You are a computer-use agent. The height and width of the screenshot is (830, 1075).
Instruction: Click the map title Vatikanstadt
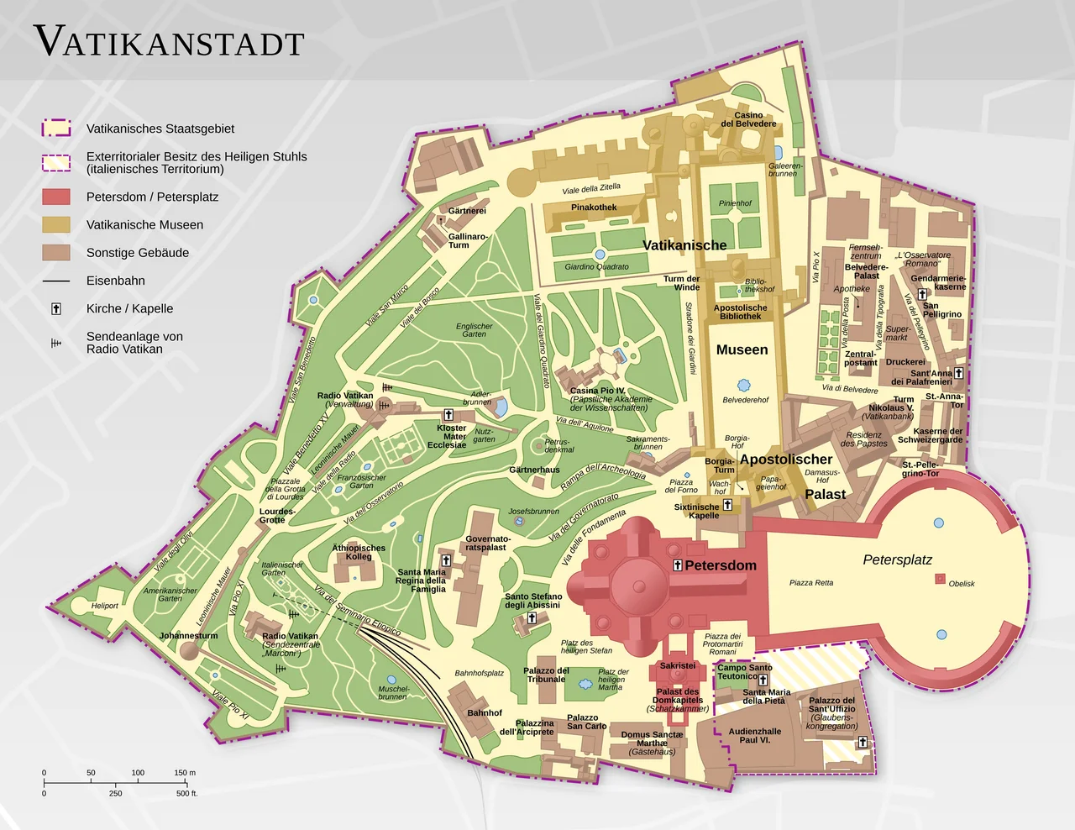click(169, 43)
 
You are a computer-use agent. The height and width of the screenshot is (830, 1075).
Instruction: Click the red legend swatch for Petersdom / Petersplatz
click(56, 197)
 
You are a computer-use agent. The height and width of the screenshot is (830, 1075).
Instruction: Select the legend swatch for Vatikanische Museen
click(56, 224)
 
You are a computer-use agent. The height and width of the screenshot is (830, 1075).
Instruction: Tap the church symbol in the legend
click(56, 308)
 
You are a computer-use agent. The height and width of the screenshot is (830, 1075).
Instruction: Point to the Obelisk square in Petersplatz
click(940, 579)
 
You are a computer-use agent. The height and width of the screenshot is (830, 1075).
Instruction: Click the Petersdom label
click(720, 565)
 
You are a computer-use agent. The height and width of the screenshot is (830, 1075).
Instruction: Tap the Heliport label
click(105, 605)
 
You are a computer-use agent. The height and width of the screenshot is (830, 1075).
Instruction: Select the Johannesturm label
click(188, 636)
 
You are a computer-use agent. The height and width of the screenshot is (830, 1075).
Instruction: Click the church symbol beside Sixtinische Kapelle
click(728, 505)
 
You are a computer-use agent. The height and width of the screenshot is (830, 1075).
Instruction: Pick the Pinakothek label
click(594, 207)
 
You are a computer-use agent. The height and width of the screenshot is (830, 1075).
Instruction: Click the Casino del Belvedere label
click(748, 119)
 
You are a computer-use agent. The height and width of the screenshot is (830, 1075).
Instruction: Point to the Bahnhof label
click(485, 712)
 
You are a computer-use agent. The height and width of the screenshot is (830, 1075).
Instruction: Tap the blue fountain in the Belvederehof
click(743, 385)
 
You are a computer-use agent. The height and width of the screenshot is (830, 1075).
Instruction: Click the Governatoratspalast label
click(487, 543)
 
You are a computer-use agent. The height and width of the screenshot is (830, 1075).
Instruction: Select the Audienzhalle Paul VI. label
click(754, 735)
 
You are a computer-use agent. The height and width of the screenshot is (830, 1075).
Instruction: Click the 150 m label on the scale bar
click(185, 772)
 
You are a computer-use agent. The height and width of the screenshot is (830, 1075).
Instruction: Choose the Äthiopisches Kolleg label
click(359, 552)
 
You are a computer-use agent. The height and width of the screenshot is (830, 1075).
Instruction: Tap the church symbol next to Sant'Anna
click(958, 373)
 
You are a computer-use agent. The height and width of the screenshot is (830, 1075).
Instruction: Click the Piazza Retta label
click(811, 582)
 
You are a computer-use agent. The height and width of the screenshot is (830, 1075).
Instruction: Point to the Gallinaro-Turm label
click(468, 240)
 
